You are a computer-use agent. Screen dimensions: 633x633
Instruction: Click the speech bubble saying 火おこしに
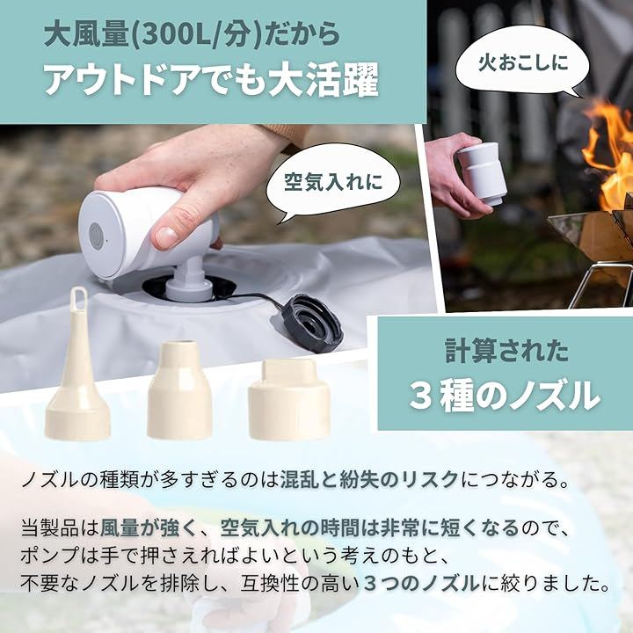[x=520, y=62]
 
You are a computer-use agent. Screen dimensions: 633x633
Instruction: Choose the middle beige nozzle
[x=179, y=390]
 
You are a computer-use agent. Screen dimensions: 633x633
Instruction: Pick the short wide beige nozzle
[x=289, y=399]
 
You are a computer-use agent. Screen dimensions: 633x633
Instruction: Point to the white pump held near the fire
[x=482, y=173]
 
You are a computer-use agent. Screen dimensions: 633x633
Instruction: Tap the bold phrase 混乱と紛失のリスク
[x=369, y=480]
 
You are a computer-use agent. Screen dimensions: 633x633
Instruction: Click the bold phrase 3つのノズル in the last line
[x=421, y=584]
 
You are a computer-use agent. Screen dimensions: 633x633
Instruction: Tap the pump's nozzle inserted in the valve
[x=190, y=279]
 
